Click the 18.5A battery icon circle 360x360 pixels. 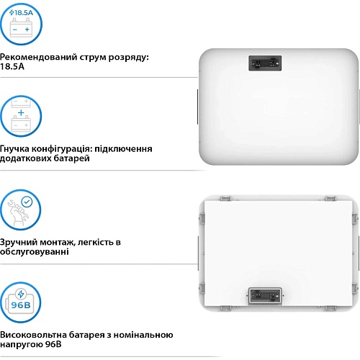pos(21,24)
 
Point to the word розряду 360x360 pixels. pos(129,58)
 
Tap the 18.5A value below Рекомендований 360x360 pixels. pos(12,67)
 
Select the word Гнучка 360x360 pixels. pos(14,149)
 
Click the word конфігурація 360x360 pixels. pos(62,149)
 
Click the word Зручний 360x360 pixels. pos(18,243)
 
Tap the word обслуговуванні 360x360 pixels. pos(35,252)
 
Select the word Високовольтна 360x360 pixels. pos(33,335)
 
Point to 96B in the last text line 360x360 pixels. pos(53,344)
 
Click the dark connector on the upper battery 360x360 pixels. pos(265,63)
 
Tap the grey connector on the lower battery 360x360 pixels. pos(265,296)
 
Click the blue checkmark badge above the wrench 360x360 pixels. pos(27,202)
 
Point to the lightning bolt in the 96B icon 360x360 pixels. pos(21,294)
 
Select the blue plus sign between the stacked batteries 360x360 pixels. pos(21,112)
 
